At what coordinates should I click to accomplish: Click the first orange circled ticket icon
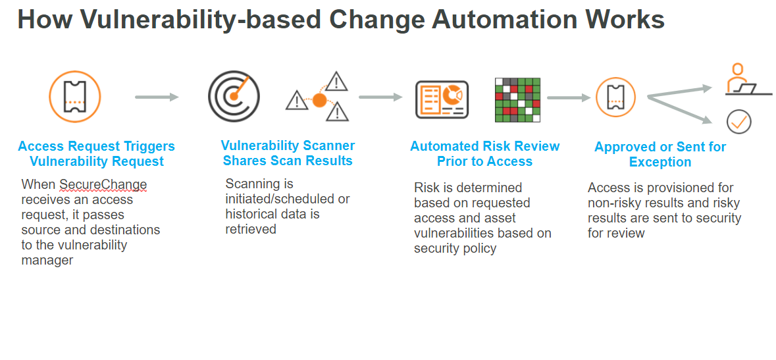pyautogui.click(x=75, y=97)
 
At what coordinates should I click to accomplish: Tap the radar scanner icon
pyautogui.click(x=234, y=96)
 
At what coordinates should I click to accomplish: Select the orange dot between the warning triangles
pyautogui.click(x=319, y=101)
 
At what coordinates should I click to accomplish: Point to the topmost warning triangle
pyautogui.click(x=337, y=82)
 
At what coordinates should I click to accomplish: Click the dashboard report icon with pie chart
pyautogui.click(x=442, y=99)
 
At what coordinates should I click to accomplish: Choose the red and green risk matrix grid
pyautogui.click(x=517, y=100)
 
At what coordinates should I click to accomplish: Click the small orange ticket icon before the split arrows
pyautogui.click(x=615, y=97)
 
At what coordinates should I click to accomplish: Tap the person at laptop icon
pyautogui.click(x=738, y=80)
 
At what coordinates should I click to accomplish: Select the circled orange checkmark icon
pyautogui.click(x=739, y=121)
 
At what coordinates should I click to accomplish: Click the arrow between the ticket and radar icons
pyautogui.click(x=157, y=97)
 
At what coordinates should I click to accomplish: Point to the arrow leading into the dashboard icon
pyautogui.click(x=380, y=97)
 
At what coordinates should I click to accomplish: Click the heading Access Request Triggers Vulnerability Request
pyautogui.click(x=97, y=153)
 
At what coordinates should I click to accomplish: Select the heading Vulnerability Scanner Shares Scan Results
pyautogui.click(x=288, y=153)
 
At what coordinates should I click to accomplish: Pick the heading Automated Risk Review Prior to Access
pyautogui.click(x=485, y=153)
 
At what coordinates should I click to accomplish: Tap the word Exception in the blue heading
pyautogui.click(x=660, y=162)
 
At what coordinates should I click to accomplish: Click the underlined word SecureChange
pyautogui.click(x=103, y=184)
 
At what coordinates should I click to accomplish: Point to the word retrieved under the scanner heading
pyautogui.click(x=251, y=229)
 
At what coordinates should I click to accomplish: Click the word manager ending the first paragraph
pyautogui.click(x=47, y=260)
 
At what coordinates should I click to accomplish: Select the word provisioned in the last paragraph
pyautogui.click(x=663, y=188)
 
